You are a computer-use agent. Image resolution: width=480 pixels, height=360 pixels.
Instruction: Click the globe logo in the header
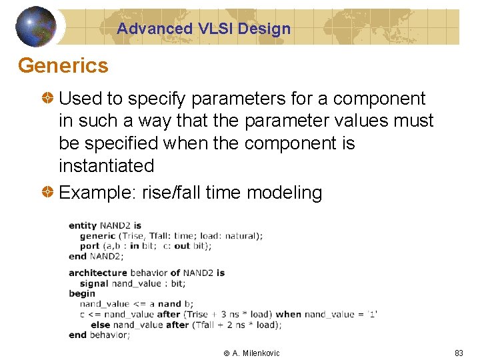tap(36, 27)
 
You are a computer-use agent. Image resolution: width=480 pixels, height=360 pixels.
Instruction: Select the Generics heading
tap(63, 65)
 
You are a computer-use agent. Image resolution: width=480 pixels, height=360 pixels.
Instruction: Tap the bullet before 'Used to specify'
tap(49, 99)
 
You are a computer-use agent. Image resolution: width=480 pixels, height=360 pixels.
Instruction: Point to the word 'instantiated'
tap(106, 165)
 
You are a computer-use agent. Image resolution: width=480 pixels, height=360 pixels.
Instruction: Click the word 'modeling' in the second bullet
tap(284, 193)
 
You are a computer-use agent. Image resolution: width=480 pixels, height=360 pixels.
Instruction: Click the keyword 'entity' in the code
tap(83, 225)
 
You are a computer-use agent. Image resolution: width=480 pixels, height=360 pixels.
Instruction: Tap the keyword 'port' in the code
tap(89, 245)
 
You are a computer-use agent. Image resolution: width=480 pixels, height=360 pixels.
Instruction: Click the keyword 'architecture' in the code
tap(97, 273)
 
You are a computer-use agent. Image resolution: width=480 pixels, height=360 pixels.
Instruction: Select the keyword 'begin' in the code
tap(82, 293)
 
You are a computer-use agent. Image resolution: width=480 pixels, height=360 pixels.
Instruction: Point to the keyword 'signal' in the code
tap(94, 283)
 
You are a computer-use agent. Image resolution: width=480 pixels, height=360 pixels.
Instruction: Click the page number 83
tap(459, 353)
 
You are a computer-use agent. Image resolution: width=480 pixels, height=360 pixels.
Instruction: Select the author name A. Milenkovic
tap(256, 353)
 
